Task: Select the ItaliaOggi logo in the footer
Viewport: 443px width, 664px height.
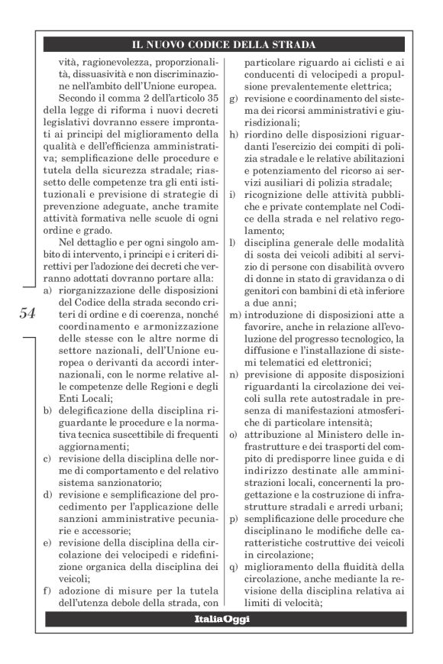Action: [221, 619]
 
